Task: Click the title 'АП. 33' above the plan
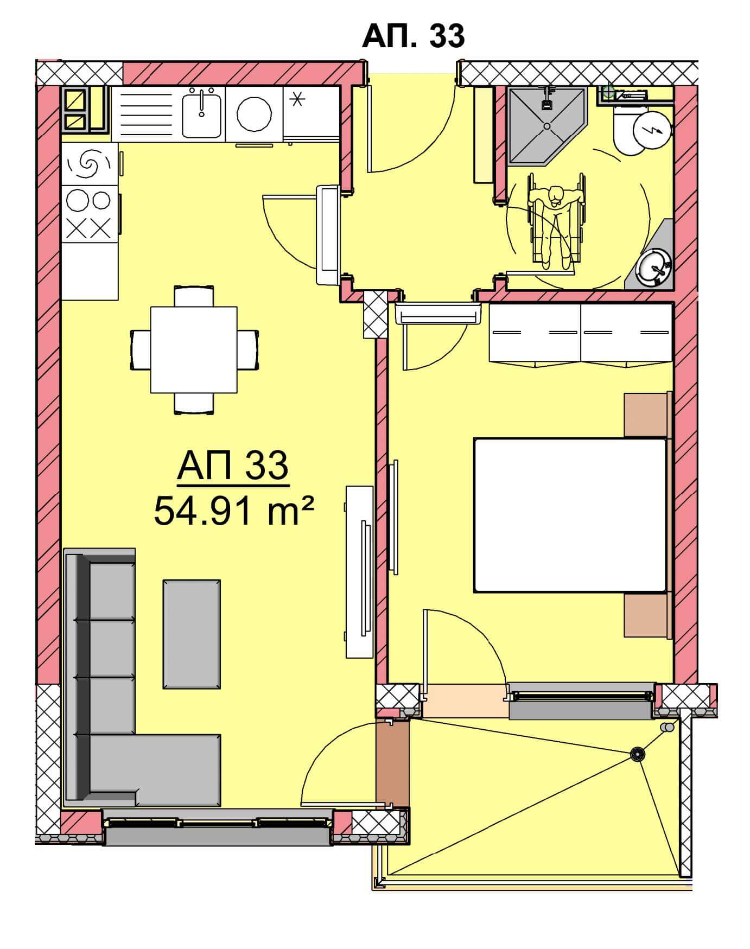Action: coord(413,36)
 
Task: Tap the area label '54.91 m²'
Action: coord(234,511)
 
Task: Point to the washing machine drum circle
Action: coord(254,114)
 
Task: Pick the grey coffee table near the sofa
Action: coord(192,634)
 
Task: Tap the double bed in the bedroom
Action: coord(570,514)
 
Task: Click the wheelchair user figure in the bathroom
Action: coord(557,221)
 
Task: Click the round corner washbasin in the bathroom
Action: coord(655,267)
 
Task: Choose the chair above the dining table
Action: coord(194,296)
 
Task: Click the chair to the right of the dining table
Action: coord(248,350)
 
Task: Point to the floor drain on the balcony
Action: coord(637,754)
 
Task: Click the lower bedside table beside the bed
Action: coord(646,615)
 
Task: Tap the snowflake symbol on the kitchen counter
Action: coord(297,99)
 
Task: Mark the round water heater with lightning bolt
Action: coord(652,129)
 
